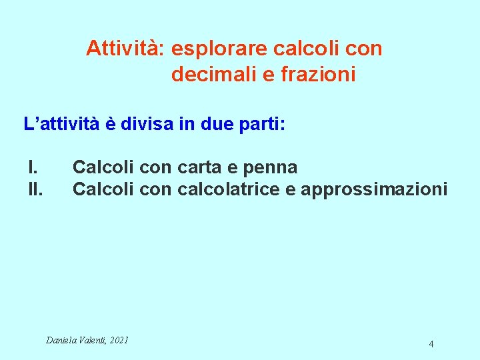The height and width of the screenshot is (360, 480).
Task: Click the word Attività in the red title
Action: (x=125, y=49)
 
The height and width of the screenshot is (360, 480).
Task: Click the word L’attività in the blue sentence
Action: (x=59, y=125)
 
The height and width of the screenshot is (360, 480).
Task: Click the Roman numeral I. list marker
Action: (x=32, y=167)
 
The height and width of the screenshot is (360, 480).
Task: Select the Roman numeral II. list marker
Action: (x=35, y=189)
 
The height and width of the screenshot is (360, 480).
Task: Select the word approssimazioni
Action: (x=374, y=189)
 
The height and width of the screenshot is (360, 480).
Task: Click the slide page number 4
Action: (x=431, y=344)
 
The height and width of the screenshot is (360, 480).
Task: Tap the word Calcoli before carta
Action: (x=103, y=167)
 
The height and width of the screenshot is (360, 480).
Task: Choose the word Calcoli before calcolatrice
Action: (x=103, y=189)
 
